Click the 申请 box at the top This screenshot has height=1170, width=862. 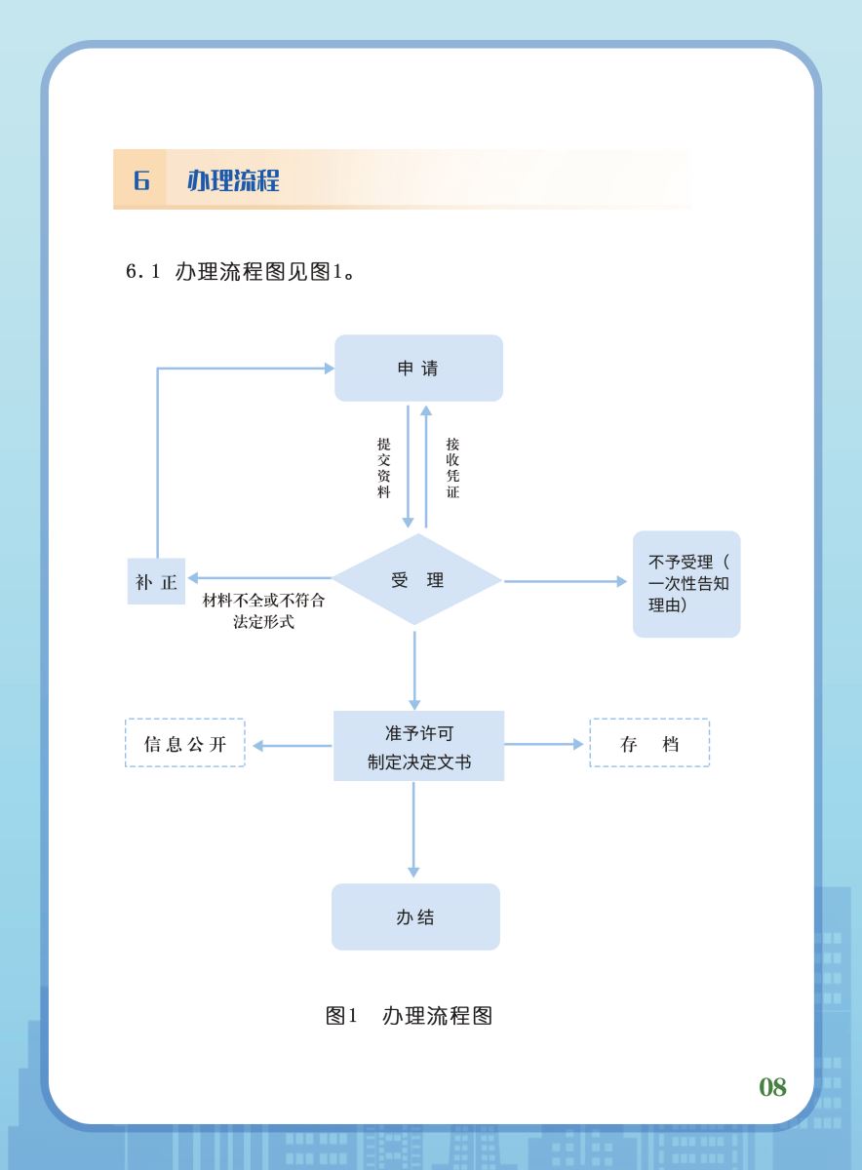click(x=418, y=369)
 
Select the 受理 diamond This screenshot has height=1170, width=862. click(x=417, y=580)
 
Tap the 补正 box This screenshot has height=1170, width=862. click(x=156, y=582)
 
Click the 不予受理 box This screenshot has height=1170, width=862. click(x=686, y=584)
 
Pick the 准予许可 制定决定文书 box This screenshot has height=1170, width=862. click(x=419, y=747)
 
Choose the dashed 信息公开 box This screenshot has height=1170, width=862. click(x=185, y=744)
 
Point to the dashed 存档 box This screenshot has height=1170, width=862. click(x=649, y=744)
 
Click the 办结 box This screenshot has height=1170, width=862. click(x=415, y=917)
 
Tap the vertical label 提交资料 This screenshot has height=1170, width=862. click(x=384, y=468)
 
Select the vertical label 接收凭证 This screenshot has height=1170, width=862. click(x=452, y=468)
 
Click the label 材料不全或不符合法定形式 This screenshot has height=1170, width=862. click(x=263, y=611)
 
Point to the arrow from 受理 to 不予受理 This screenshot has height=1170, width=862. click(x=566, y=582)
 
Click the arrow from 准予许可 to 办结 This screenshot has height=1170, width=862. click(x=413, y=829)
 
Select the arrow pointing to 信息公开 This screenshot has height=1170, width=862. click(x=293, y=746)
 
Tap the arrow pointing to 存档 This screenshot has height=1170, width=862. click(x=544, y=744)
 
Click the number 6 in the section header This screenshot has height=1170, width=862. click(x=141, y=180)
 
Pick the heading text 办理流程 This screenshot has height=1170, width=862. click(x=233, y=180)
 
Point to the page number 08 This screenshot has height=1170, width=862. click(x=772, y=1087)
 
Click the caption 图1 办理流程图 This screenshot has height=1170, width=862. click(x=409, y=1016)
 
